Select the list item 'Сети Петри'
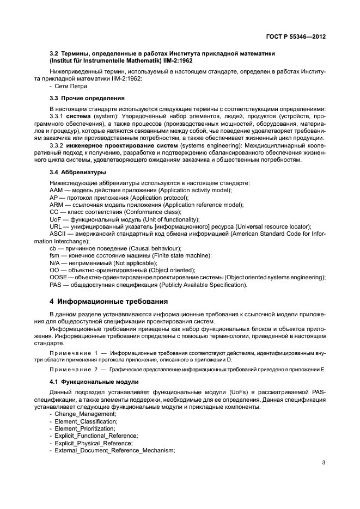coord(71,87)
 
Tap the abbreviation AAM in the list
coord(56,189)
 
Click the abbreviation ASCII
coord(58,234)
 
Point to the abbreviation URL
coord(56,226)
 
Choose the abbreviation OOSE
coord(58,277)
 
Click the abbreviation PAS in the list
coord(56,285)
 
